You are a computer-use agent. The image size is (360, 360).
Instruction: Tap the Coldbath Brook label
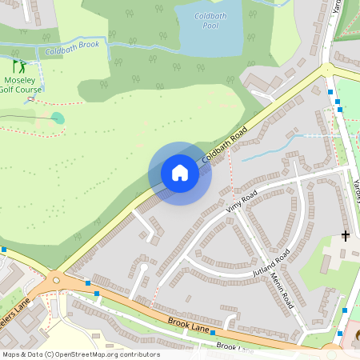[73, 47]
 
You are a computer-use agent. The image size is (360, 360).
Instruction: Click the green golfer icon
[18, 66]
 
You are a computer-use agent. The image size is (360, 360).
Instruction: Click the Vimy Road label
[242, 201]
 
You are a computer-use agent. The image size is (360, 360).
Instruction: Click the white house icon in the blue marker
[180, 173]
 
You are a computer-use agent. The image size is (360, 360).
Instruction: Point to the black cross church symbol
[346, 235]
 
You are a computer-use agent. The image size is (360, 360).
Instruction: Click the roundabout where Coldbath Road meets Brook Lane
[55, 279]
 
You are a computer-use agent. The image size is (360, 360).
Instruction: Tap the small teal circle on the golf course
[57, 118]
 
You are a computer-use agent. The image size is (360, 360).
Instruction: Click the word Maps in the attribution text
[11, 354]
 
